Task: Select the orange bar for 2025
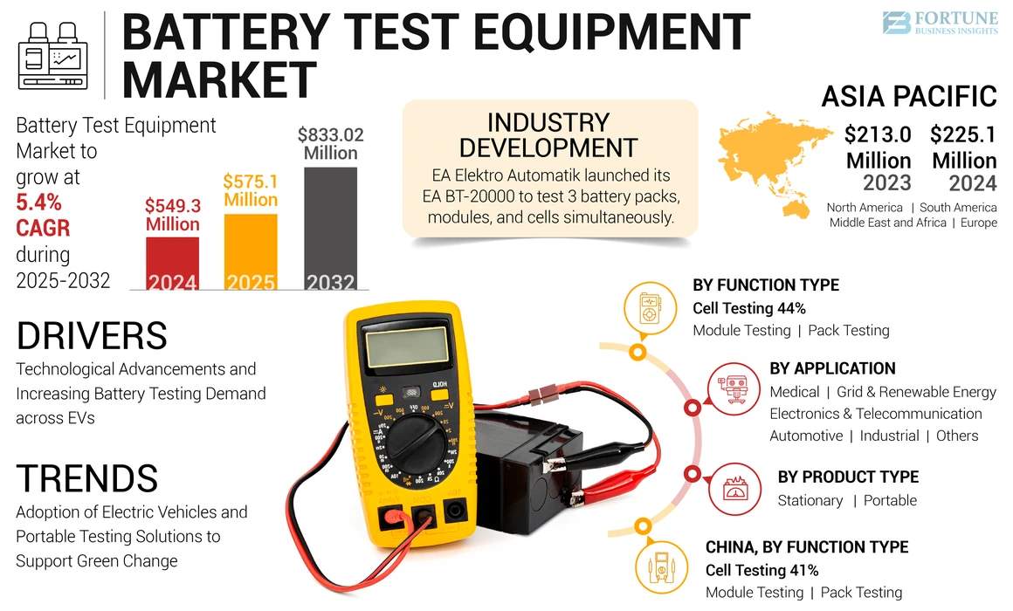click(251, 252)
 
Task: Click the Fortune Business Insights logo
click(939, 23)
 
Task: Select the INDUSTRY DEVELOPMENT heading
click(548, 134)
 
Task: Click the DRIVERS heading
click(92, 336)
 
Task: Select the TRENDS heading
click(87, 478)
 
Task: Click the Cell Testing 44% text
click(748, 308)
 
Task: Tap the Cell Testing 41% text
click(761, 570)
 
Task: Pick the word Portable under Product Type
click(890, 500)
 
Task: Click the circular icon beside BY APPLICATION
click(733, 390)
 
